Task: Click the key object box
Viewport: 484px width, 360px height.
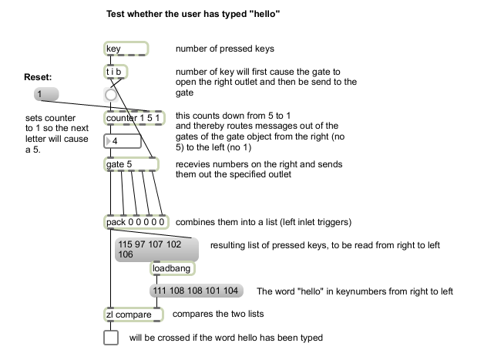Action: (x=126, y=49)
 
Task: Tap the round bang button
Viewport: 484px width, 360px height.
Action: (x=112, y=95)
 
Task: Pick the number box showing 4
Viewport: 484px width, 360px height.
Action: (x=123, y=141)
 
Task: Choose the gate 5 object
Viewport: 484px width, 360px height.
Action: (x=130, y=164)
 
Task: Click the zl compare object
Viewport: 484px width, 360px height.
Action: (x=133, y=315)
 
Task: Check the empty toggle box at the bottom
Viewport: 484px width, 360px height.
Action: (x=112, y=338)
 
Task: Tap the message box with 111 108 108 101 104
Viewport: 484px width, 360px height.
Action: (x=197, y=291)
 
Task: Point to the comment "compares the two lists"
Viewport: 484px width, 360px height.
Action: (x=217, y=315)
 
